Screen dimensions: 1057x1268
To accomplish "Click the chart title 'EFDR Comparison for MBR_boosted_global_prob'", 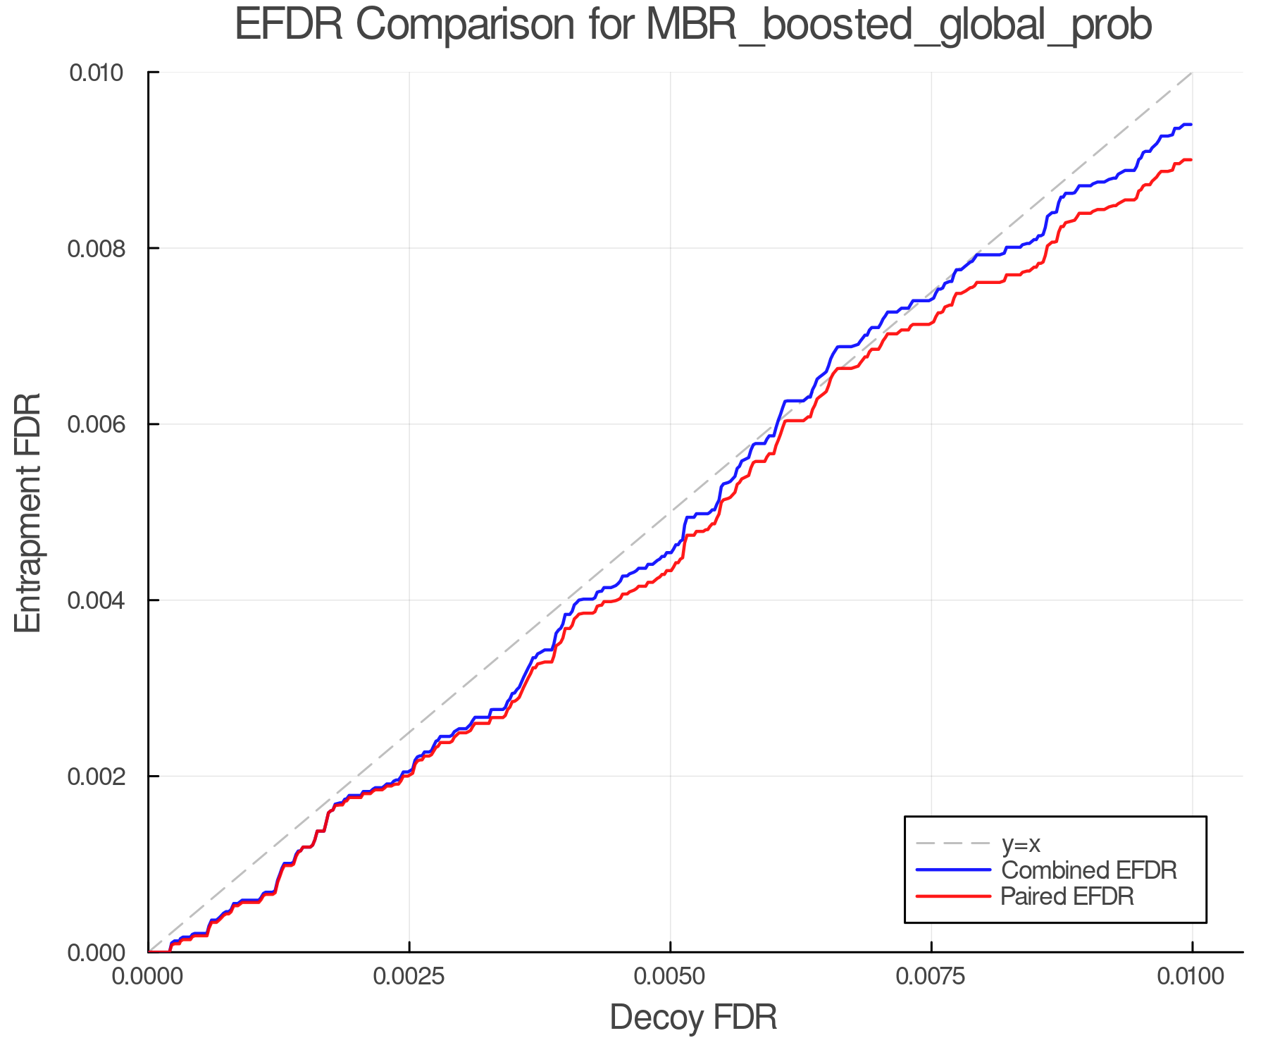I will [693, 25].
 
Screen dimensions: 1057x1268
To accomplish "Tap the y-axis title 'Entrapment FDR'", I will [29, 512].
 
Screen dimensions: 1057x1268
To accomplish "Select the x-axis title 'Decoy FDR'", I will [693, 1018].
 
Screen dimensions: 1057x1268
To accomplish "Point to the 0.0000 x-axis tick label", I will [149, 977].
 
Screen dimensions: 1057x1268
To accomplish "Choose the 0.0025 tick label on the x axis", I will [409, 977].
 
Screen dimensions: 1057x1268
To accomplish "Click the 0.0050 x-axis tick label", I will [670, 977].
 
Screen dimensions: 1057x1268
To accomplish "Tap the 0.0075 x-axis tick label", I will [931, 977].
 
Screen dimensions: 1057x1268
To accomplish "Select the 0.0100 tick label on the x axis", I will [1192, 977].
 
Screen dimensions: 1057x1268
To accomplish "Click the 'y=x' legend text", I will [1021, 843].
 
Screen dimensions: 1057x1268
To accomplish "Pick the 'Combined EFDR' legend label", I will [1089, 870].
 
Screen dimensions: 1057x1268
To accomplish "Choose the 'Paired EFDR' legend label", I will [1067, 896].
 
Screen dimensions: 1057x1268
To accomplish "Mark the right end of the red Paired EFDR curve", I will [1191, 161].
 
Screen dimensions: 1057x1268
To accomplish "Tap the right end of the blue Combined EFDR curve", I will [1191, 125].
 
